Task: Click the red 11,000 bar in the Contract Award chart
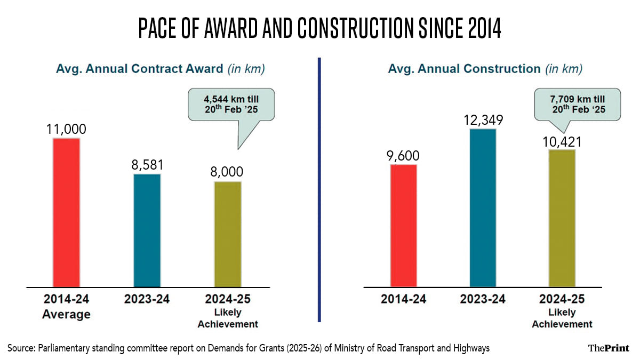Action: point(66,212)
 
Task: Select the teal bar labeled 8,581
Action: point(147,230)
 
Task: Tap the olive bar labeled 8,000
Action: point(228,234)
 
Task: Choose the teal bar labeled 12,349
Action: point(483,208)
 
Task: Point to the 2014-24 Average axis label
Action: point(66,307)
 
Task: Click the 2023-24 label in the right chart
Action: point(483,299)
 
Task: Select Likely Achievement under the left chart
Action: point(228,318)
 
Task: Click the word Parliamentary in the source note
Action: point(62,348)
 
